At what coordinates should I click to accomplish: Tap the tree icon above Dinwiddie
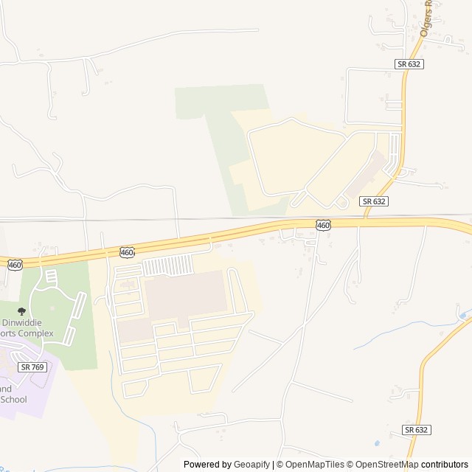point(21,312)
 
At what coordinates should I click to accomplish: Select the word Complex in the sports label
point(37,333)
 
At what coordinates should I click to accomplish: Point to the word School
point(13,400)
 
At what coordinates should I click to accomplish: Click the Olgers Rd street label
point(426,20)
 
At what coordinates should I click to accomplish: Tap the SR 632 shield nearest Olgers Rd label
point(409,64)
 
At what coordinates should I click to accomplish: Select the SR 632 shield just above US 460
point(374,201)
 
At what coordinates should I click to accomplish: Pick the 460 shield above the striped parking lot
point(127,253)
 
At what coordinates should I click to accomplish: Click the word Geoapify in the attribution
point(252,465)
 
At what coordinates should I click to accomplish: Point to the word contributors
point(445,465)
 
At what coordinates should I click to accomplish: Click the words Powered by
point(207,465)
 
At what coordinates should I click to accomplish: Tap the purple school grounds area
point(22,383)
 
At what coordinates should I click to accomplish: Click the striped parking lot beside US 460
point(167,265)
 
